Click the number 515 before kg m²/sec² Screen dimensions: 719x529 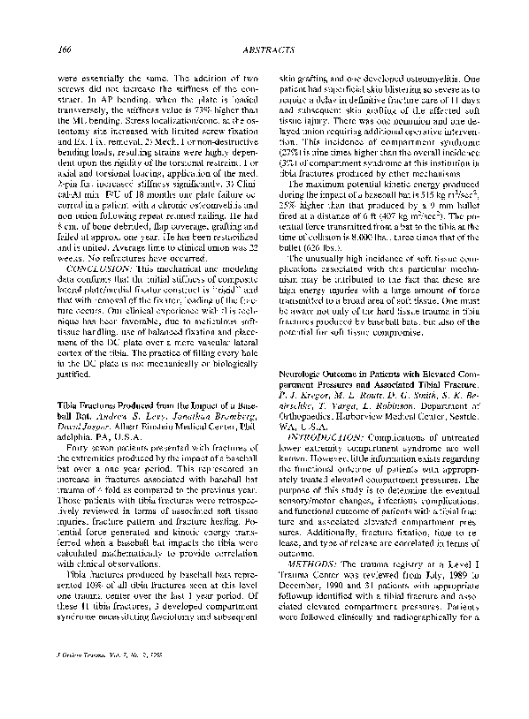(423, 203)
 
